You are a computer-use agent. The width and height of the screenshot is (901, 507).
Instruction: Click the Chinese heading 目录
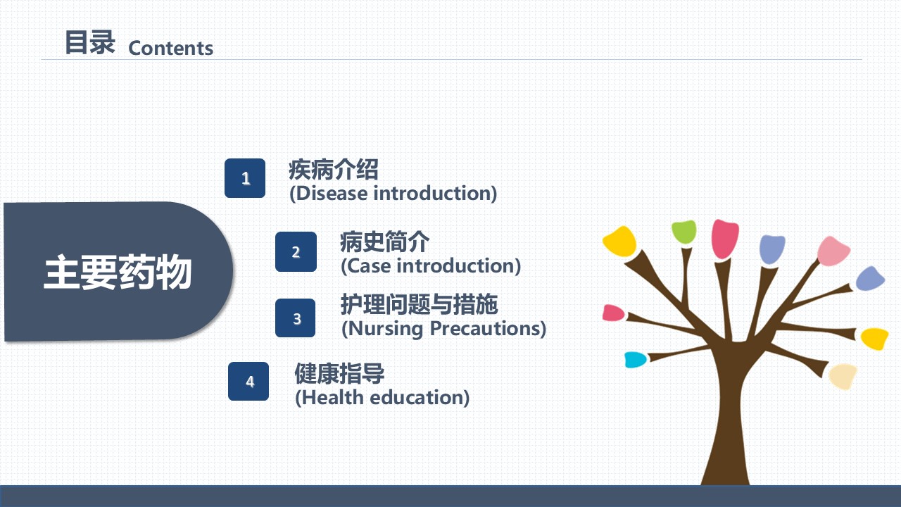point(90,42)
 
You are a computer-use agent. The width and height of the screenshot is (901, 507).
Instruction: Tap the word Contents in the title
point(171,49)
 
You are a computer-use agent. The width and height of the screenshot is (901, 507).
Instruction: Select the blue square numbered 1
point(245,178)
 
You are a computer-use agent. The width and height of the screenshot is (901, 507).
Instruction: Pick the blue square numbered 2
point(296,251)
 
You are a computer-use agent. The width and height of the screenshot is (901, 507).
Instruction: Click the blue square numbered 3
point(295,318)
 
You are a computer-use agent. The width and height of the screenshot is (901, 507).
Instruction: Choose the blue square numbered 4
point(248,381)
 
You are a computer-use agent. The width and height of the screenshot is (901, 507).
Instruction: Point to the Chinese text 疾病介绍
point(334,170)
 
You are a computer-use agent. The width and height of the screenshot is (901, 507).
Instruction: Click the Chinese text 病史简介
point(385,242)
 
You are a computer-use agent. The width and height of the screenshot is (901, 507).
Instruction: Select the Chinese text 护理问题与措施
point(419,304)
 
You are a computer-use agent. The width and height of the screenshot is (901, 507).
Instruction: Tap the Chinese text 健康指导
point(339,373)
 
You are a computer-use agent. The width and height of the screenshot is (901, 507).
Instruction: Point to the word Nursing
point(385,329)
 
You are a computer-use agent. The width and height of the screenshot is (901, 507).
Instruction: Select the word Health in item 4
point(332,398)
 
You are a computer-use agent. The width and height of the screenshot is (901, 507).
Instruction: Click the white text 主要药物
point(118,272)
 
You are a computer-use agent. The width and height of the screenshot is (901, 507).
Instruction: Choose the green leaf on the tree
point(683,232)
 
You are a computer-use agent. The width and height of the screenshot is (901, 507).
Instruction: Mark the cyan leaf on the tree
point(635,360)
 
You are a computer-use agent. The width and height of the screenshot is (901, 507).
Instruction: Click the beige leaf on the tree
point(843,376)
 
